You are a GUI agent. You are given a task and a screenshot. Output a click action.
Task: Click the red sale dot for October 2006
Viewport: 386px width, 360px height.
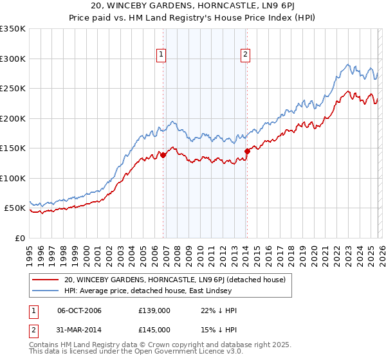tap(163, 155)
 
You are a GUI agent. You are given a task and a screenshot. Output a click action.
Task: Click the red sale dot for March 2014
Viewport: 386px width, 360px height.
tap(247, 151)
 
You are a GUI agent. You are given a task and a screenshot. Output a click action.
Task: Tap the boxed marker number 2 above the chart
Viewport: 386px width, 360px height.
tap(245, 55)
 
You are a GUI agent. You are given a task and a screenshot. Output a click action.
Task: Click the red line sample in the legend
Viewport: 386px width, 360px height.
tap(45, 280)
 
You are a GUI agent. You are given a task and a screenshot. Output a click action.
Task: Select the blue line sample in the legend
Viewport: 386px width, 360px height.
tap(45, 291)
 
